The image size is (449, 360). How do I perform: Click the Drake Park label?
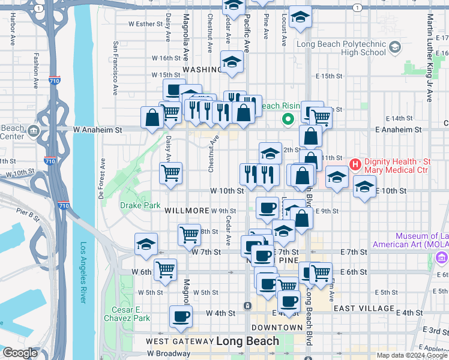(x=140, y=205)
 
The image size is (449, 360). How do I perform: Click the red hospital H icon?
(x=355, y=163)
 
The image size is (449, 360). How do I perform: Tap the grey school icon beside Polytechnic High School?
(x=394, y=47)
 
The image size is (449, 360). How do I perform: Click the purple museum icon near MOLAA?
(x=442, y=257)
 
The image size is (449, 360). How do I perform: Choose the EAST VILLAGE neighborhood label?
(x=364, y=308)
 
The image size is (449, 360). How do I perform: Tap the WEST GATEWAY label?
(x=178, y=342)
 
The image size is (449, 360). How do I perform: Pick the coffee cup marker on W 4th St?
(x=180, y=316)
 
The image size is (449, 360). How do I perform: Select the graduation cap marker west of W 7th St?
(x=146, y=244)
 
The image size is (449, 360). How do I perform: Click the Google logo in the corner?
(x=20, y=353)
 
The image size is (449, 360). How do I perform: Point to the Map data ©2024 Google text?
(x=411, y=355)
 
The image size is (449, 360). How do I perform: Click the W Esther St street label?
(x=146, y=25)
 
